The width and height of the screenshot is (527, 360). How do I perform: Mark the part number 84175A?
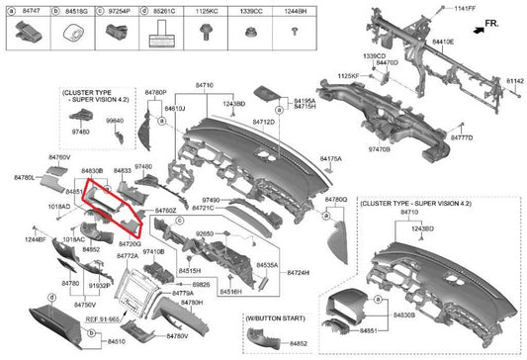tap(330, 158)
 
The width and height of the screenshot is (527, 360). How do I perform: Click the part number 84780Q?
tap(335, 199)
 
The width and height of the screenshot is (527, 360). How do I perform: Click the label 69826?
tap(201, 284)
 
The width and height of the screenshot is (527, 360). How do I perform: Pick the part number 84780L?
tap(25, 177)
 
